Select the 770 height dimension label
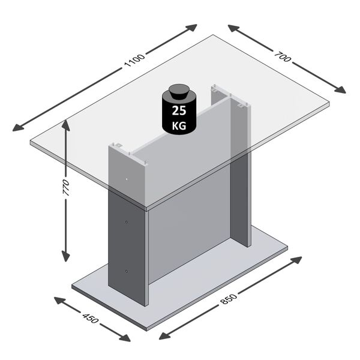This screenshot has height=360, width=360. (66, 188)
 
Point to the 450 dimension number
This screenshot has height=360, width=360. (91, 317)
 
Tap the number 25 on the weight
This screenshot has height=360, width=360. (179, 111)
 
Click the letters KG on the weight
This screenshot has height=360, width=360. (179, 126)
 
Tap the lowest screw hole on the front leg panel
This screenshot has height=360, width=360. (127, 271)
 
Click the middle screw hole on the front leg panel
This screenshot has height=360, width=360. (127, 223)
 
